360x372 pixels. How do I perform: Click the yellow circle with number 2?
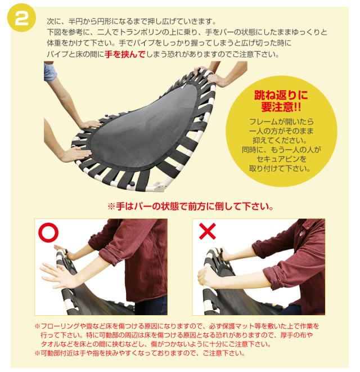click(x=21, y=18)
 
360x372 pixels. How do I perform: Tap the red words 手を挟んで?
click(x=125, y=55)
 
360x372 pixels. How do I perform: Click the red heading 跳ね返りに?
click(x=281, y=95)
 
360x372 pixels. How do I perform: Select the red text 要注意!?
click(x=281, y=107)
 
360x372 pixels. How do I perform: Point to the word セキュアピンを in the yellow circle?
click(x=281, y=159)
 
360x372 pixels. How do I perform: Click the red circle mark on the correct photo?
click(x=48, y=232)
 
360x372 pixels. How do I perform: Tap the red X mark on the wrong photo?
click(x=208, y=231)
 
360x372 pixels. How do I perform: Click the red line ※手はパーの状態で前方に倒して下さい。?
click(x=191, y=207)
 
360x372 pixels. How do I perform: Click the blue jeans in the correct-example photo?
click(x=152, y=306)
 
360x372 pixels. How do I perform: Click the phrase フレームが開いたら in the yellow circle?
click(x=281, y=122)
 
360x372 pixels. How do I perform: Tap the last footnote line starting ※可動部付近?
click(x=140, y=353)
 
